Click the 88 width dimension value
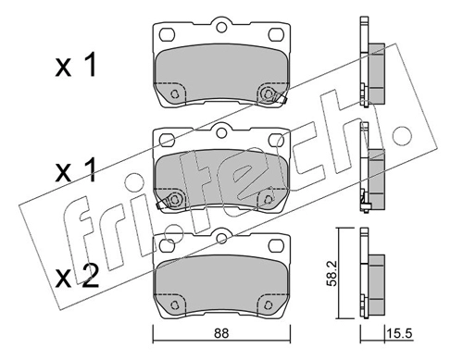[221, 333]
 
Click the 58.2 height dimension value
[332, 275]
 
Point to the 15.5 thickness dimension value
[399, 334]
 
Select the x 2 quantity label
[77, 276]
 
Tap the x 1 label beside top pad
[76, 65]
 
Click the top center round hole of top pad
[221, 27]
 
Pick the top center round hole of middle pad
[221, 132]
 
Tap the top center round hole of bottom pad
[221, 238]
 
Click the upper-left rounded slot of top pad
[168, 34]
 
